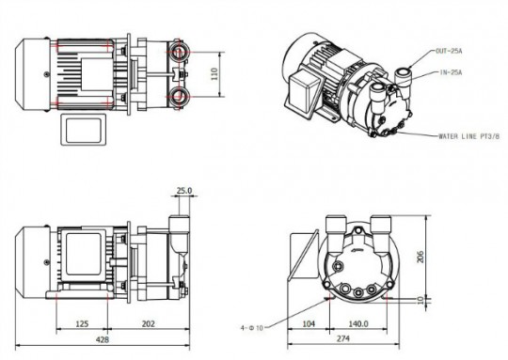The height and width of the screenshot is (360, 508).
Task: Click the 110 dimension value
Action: pyautogui.click(x=214, y=74)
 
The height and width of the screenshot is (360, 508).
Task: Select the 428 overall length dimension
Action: pyautogui.click(x=103, y=339)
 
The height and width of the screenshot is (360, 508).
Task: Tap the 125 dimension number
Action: pyautogui.click(x=82, y=323)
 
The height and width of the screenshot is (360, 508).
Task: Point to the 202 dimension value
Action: pyautogui.click(x=149, y=323)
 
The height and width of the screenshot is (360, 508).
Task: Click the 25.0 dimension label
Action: pyautogui.click(x=184, y=191)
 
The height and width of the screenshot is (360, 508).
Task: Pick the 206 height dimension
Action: pyautogui.click(x=421, y=257)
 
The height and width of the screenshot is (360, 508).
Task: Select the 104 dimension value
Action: pyautogui.click(x=309, y=323)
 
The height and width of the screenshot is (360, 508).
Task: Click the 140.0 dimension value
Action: pyautogui.click(x=358, y=323)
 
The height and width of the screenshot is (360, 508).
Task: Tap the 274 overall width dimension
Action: pyautogui.click(x=343, y=338)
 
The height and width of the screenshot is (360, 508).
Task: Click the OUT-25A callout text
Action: pyautogui.click(x=449, y=51)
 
